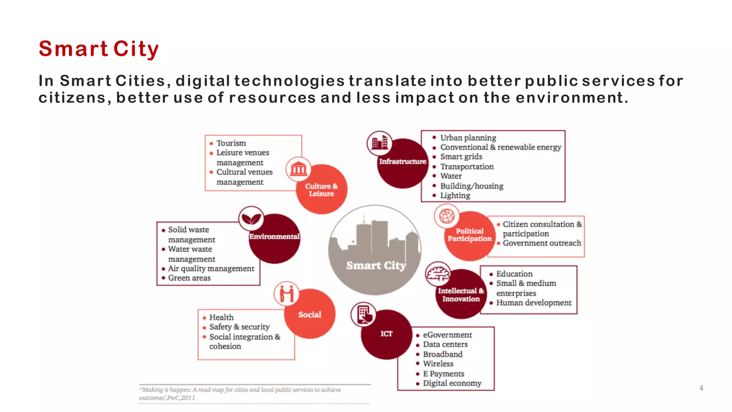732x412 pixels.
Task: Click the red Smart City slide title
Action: [x=99, y=49]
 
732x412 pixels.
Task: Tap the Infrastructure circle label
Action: [x=403, y=162]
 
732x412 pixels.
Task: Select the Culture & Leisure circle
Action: [x=322, y=190]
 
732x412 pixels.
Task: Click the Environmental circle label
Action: [x=274, y=237]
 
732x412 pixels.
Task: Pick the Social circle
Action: [x=310, y=315]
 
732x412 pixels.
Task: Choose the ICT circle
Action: [x=386, y=334]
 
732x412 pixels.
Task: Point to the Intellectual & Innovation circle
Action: [x=461, y=295]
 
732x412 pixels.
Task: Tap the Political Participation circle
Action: [x=470, y=235]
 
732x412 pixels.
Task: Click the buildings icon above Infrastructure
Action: [x=380, y=143]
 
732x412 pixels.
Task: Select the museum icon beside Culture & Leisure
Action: [x=298, y=169]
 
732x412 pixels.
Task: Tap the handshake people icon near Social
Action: [x=287, y=294]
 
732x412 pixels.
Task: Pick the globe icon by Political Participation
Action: [x=447, y=216]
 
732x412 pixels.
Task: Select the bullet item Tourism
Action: [x=231, y=143]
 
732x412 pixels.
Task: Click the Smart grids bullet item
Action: [x=461, y=157]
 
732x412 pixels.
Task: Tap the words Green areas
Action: [x=189, y=278]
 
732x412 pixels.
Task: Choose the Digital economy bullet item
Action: [x=452, y=383]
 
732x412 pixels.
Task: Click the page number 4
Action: [x=701, y=388]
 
